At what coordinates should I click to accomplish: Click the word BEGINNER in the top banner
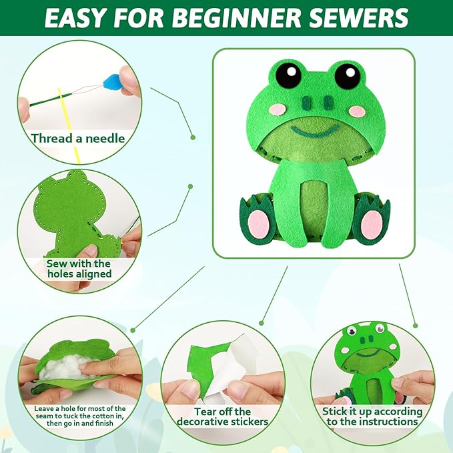238,18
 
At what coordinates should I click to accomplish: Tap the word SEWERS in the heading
359,18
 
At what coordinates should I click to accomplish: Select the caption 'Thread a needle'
78,138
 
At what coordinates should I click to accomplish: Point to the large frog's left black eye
288,75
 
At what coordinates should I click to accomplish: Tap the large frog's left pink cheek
277,110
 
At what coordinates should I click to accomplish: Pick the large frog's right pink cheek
358,111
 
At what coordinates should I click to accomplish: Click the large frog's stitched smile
314,131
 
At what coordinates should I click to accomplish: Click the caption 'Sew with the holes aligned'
79,269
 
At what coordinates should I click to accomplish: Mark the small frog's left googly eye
352,330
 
